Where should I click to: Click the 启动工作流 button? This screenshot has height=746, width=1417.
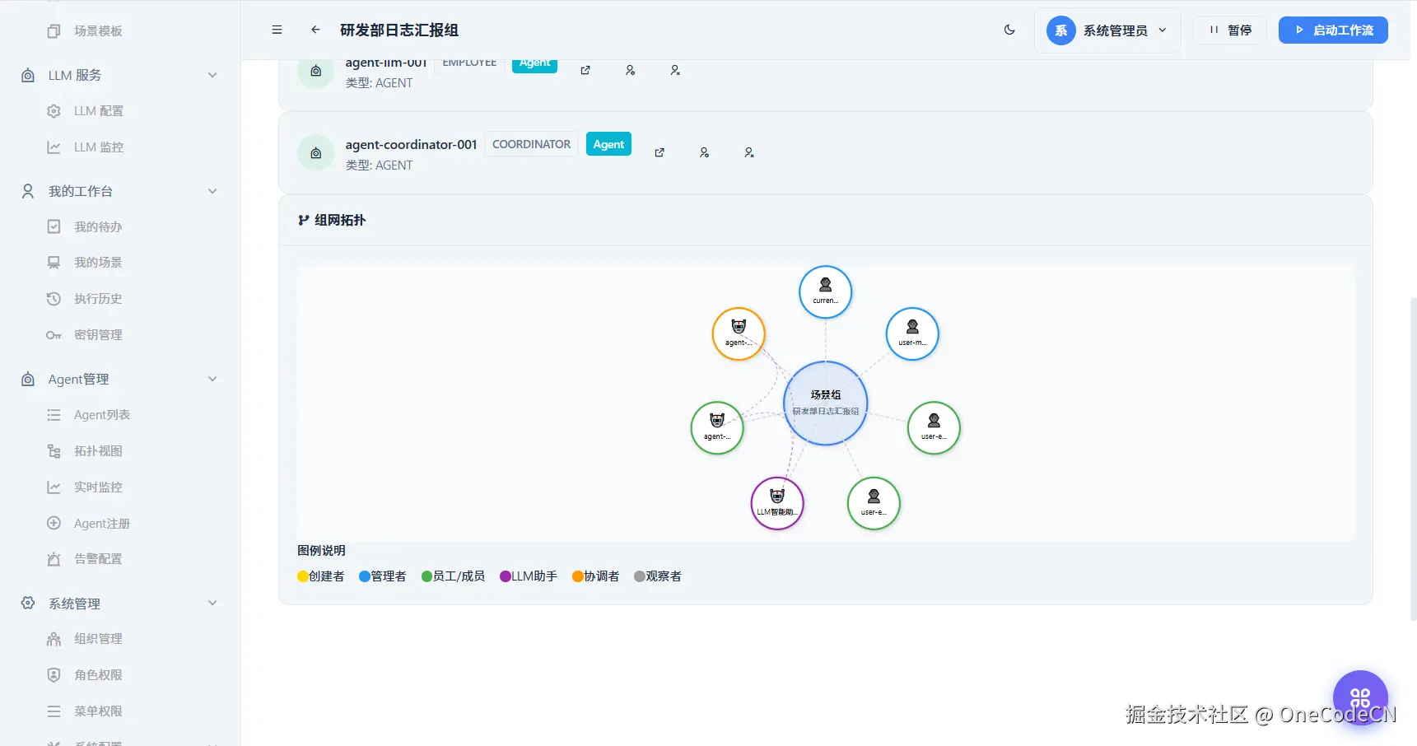(1332, 30)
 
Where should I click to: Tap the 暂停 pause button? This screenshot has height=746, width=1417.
(1230, 30)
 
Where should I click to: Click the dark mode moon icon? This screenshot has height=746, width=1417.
(1009, 30)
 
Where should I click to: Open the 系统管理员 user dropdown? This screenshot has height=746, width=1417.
(1107, 30)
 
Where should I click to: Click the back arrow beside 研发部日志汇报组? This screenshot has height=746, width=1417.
(315, 30)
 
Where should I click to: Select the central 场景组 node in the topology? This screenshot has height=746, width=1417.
(825, 403)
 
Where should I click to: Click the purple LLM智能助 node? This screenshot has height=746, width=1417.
(776, 502)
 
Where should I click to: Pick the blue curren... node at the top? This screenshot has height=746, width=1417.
(825, 291)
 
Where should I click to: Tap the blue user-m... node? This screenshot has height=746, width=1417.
(911, 333)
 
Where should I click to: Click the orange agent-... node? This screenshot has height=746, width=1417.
(738, 333)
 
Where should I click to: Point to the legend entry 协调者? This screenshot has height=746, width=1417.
(596, 576)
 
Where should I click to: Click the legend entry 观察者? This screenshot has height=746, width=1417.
(658, 576)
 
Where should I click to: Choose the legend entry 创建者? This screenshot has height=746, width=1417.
(321, 576)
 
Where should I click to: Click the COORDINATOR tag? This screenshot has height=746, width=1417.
(531, 144)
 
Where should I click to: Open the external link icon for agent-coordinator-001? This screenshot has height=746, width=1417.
(660, 152)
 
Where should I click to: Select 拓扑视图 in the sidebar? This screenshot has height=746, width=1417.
(98, 451)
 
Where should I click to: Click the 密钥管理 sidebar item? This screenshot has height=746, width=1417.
(98, 335)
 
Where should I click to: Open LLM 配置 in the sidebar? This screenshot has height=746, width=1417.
(98, 111)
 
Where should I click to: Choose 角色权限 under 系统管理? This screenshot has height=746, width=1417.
(98, 675)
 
